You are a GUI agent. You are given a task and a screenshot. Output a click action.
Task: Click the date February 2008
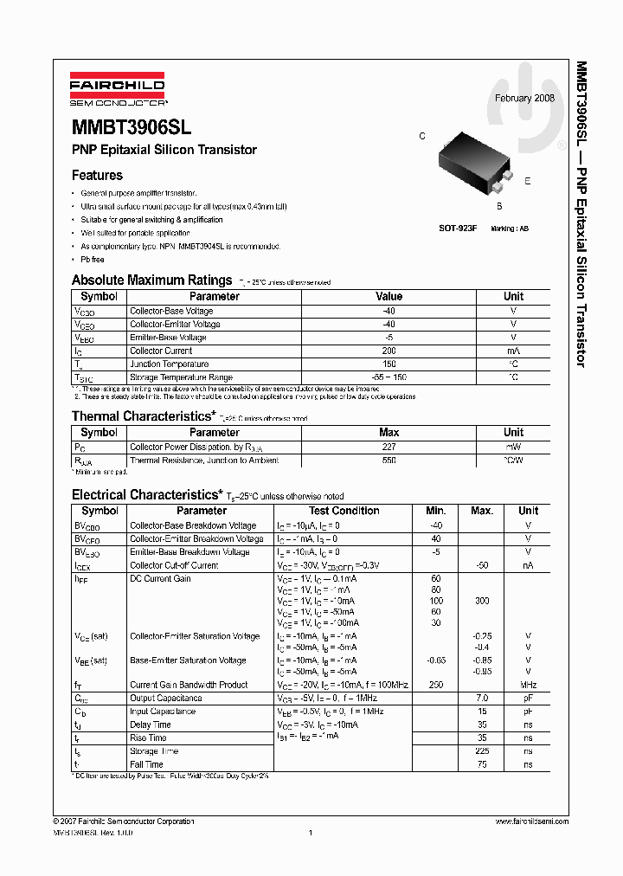524,98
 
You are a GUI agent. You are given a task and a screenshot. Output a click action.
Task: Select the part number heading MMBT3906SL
132,127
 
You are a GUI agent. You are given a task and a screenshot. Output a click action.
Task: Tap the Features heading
97,175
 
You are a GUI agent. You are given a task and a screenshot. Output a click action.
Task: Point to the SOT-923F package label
458,228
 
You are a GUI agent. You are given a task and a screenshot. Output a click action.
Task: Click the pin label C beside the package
422,137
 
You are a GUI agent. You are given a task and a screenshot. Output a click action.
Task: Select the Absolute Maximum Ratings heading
151,280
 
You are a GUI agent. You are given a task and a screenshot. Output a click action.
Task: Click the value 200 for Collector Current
389,351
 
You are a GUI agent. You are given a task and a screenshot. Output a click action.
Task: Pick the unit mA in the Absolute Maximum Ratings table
513,351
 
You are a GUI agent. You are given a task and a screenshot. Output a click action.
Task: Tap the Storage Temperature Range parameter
181,377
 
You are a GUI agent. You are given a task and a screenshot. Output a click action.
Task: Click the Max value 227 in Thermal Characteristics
389,447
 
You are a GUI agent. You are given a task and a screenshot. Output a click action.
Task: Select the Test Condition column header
344,511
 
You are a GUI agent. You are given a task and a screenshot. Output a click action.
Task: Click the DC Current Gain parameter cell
160,578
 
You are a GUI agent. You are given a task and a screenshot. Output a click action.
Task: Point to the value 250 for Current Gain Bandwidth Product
435,685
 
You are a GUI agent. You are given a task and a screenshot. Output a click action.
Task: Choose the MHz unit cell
528,685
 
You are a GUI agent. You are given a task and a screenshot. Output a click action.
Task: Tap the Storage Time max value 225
482,751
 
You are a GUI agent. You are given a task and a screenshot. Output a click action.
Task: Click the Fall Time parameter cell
146,764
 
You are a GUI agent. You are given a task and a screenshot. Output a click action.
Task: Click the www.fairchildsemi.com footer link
531,821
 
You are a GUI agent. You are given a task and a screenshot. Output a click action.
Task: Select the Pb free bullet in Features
93,259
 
